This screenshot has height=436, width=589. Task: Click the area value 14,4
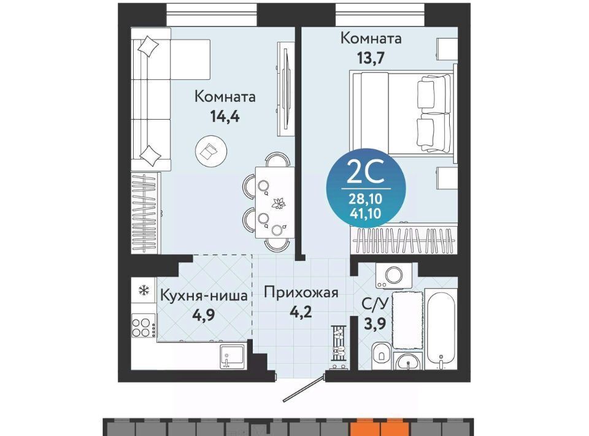tap(225, 117)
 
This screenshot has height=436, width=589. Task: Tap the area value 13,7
tap(371, 58)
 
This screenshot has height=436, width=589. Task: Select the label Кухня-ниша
tap(204, 295)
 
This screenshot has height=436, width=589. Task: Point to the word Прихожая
tap(301, 292)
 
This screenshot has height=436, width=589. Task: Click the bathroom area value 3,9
tap(374, 323)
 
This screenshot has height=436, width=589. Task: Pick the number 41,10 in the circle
tap(366, 214)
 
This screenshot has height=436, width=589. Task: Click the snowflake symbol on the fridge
tap(144, 290)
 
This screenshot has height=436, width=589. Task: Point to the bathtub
tap(441, 329)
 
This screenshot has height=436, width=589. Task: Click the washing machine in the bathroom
tap(394, 276)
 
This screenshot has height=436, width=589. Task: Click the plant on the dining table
tap(279, 203)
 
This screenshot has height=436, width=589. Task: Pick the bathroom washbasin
tap(409, 362)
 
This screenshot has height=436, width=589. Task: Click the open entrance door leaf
tap(304, 387)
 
